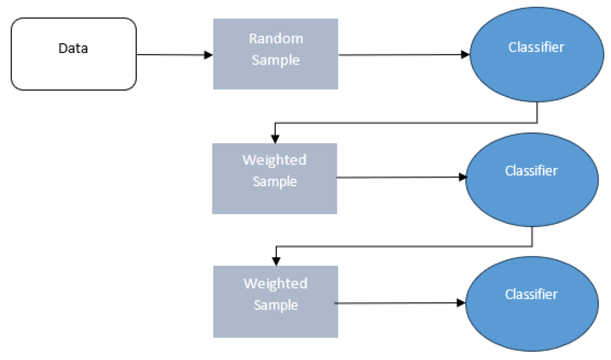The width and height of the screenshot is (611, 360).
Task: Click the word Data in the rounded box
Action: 73,48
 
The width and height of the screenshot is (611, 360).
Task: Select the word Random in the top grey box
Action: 276,39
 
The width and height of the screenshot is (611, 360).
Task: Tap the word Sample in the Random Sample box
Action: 276,60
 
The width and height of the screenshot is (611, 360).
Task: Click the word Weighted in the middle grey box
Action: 274,160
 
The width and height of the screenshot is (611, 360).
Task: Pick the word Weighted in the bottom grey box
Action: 276,284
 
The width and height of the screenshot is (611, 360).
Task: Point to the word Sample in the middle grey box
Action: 275,181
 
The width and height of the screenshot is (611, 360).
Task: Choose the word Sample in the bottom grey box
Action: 276,305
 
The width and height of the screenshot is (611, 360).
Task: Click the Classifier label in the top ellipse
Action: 536,47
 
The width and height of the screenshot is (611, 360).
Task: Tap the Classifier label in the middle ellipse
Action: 531,171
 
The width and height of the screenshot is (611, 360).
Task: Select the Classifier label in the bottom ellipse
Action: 531,295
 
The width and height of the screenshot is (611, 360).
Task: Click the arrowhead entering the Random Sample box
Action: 208,55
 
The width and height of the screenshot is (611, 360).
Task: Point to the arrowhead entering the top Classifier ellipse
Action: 465,55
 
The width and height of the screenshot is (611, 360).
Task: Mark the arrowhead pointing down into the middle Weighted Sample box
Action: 275,139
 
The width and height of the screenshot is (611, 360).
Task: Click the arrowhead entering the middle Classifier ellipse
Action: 463,177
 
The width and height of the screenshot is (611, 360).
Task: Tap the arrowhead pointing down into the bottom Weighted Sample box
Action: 276,262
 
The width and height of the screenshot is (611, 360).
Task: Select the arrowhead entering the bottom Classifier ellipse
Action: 461,303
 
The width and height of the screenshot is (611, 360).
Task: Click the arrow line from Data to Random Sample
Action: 171,55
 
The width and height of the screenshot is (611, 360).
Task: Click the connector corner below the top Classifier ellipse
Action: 537,122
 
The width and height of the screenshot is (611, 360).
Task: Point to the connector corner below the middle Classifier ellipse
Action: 532,246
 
